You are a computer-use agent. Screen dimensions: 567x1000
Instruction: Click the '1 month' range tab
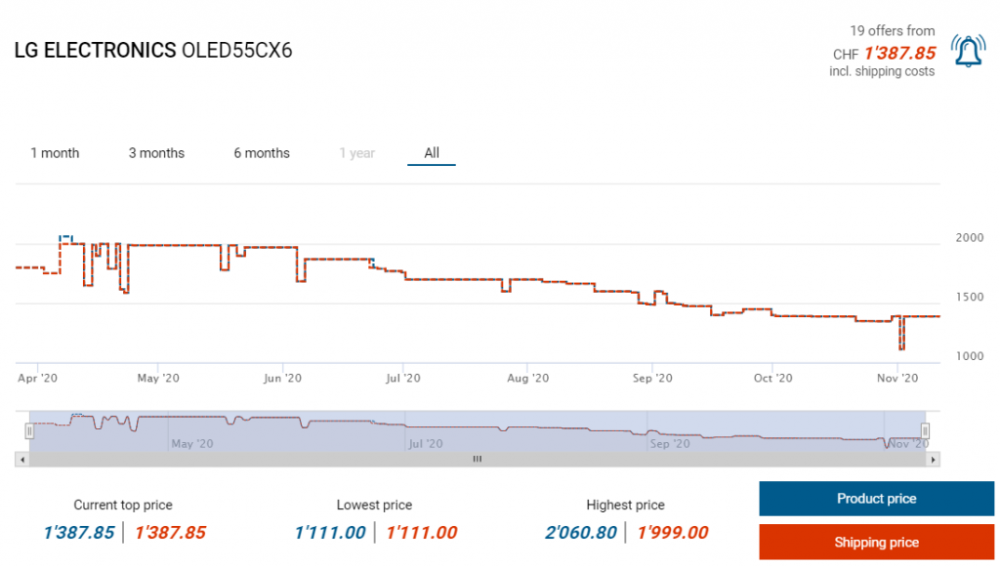pyautogui.click(x=55, y=153)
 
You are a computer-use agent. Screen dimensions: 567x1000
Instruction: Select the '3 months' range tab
pyautogui.click(x=156, y=153)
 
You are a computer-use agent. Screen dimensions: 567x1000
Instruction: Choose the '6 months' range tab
pyautogui.click(x=262, y=153)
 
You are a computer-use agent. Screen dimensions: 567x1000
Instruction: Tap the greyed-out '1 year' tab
pyautogui.click(x=356, y=153)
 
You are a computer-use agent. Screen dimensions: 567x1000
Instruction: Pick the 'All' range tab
pyautogui.click(x=432, y=153)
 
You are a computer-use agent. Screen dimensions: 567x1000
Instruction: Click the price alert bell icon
pyautogui.click(x=968, y=51)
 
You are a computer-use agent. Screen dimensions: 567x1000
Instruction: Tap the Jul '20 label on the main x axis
pyautogui.click(x=403, y=378)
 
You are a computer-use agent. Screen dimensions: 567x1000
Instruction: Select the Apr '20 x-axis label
pyautogui.click(x=38, y=378)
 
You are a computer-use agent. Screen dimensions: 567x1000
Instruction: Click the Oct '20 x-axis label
pyautogui.click(x=772, y=378)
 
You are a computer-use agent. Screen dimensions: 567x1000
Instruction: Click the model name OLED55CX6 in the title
pyautogui.click(x=237, y=51)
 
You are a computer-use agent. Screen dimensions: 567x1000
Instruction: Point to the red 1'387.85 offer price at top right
pyautogui.click(x=898, y=53)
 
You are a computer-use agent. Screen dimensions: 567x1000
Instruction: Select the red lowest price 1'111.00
pyautogui.click(x=422, y=533)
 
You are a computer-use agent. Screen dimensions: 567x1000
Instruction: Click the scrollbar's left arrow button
pyautogui.click(x=21, y=459)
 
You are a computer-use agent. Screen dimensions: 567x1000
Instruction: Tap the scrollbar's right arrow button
pyautogui.click(x=934, y=459)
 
